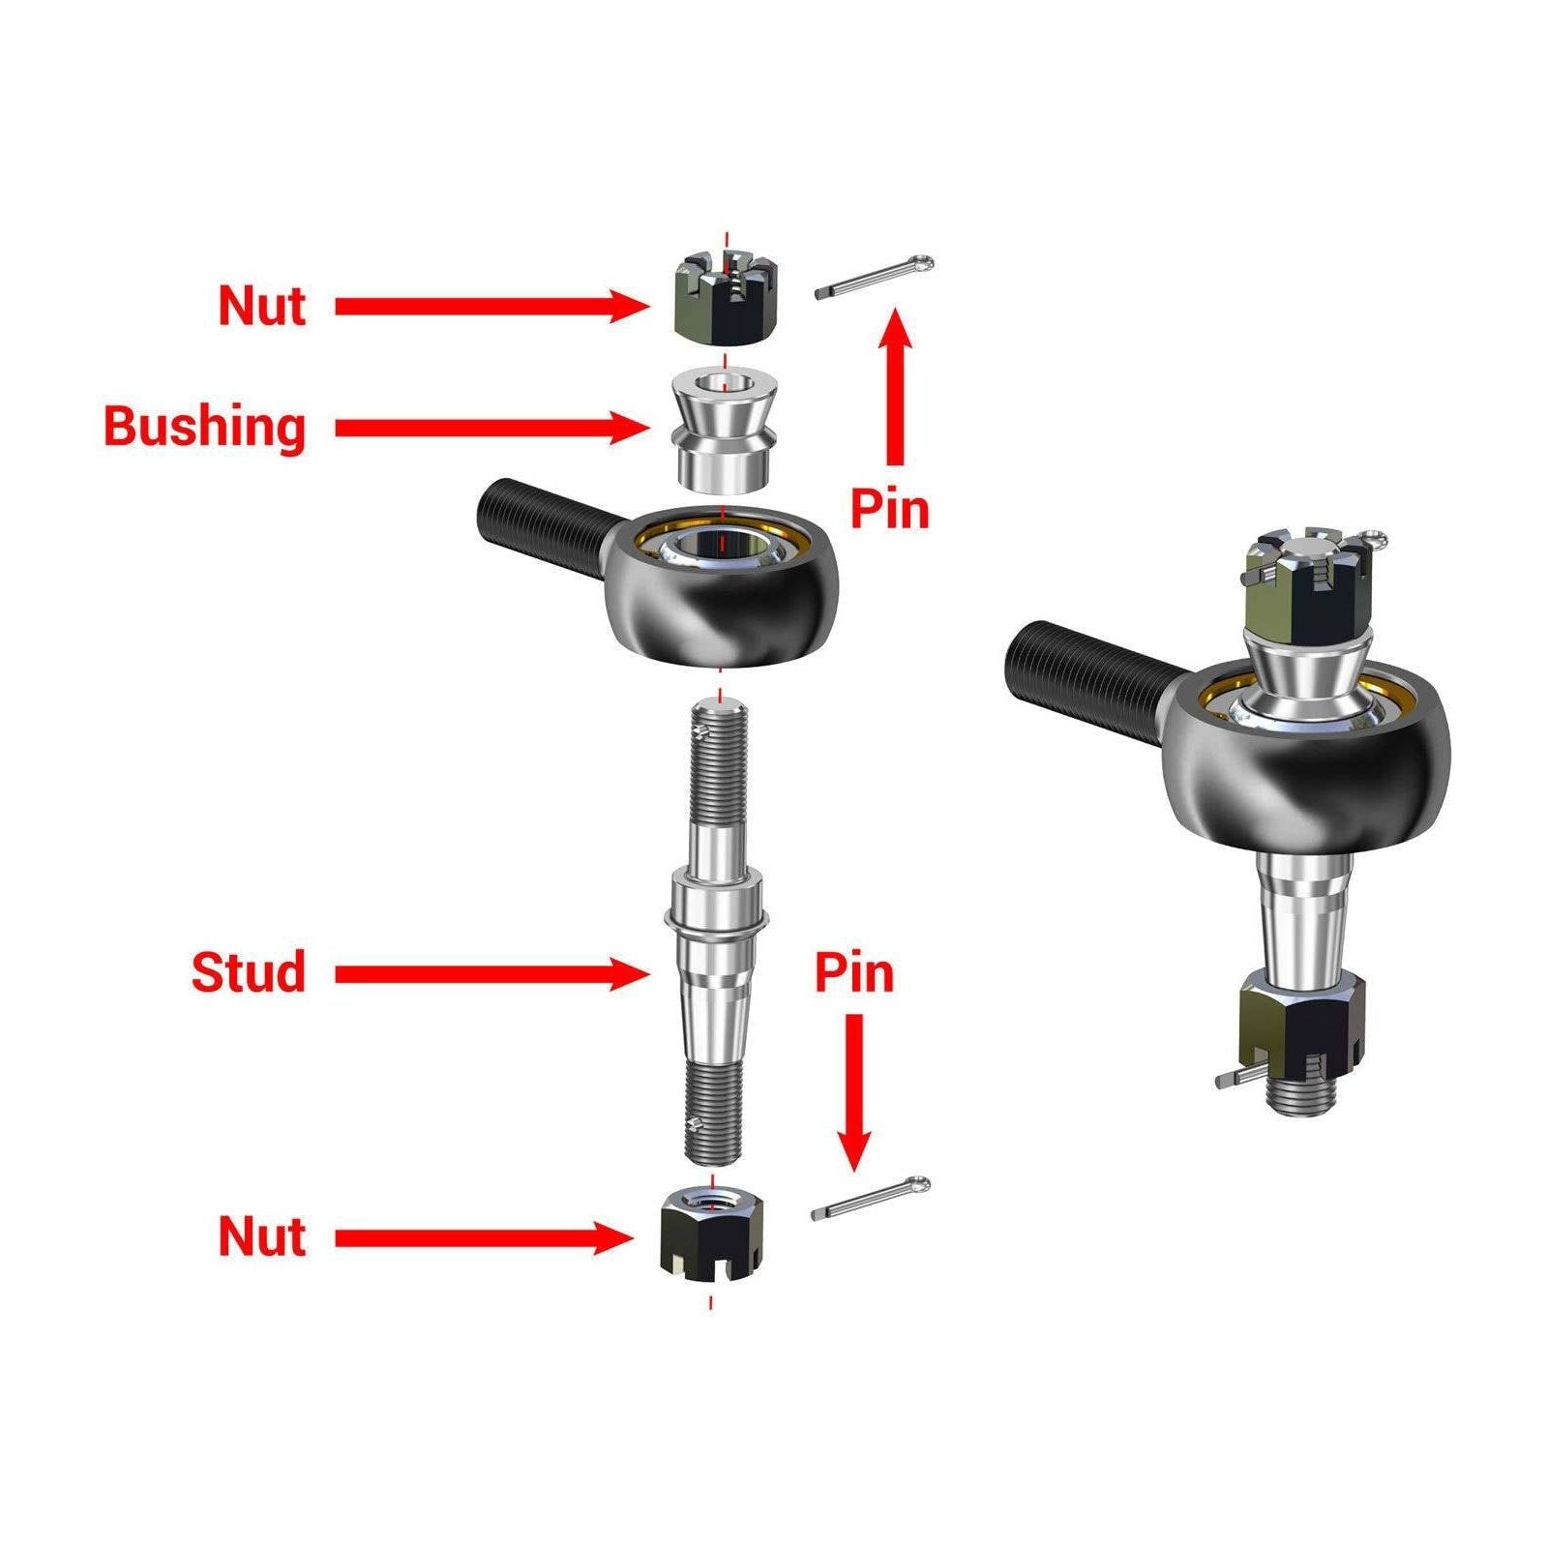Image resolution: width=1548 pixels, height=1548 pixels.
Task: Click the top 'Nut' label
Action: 262,306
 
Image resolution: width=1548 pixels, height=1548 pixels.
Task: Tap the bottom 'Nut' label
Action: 262,1236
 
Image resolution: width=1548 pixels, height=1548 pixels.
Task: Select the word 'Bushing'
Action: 204,427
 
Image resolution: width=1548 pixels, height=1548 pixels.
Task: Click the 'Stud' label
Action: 249,972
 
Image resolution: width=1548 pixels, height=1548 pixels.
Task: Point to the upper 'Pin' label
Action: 889,509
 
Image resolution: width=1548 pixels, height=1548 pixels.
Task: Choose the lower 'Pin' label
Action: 853,973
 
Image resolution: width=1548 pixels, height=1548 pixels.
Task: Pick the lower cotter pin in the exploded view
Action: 870,1199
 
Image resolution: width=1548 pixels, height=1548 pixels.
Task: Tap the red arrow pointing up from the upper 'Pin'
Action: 897,387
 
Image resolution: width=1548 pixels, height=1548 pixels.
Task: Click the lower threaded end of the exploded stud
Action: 713,1113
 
